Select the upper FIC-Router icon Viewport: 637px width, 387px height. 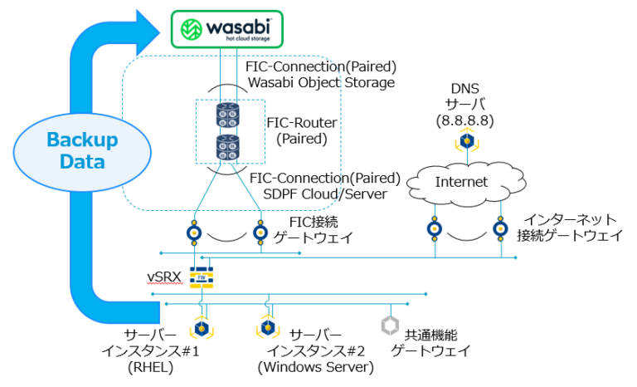(x=227, y=115)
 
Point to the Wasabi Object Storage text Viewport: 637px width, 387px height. (x=320, y=82)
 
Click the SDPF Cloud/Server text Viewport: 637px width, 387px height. (x=327, y=193)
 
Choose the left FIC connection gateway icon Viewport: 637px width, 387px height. (x=194, y=233)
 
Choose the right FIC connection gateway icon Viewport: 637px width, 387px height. (x=261, y=233)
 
